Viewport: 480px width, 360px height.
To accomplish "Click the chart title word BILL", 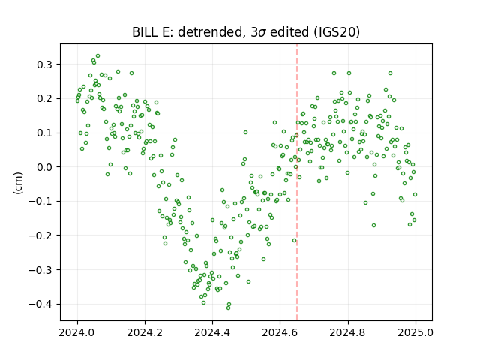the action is coord(143,32).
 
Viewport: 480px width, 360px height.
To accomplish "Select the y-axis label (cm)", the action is coord(18,183).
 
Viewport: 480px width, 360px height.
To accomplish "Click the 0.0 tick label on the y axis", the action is coord(45,167).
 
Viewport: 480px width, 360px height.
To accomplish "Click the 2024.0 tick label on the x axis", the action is coord(77,332).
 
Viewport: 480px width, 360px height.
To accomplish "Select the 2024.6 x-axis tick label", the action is coord(280,332).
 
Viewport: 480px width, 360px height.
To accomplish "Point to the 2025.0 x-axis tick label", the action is coord(415,332).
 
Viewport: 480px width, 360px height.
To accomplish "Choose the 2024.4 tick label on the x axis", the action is coord(212,332).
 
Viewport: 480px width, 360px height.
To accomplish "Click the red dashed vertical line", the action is coord(297,182).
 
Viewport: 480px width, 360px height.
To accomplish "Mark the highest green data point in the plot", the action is coord(98,56).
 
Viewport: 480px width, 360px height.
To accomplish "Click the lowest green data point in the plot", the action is coord(228,307).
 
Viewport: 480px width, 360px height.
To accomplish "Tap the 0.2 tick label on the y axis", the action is coord(45,98).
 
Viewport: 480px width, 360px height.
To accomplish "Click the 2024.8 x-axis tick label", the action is coord(348,332).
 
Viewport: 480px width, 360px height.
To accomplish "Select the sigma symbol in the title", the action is coord(262,33).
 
